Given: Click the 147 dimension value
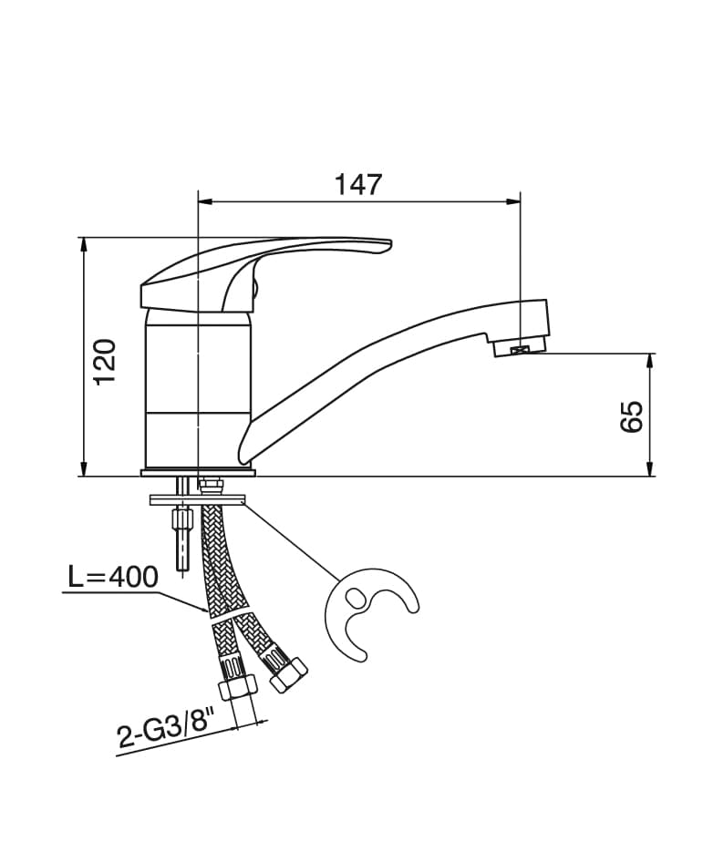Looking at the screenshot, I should [x=357, y=184].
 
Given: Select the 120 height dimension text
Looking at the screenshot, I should [x=106, y=360].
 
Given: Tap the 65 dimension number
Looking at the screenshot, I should [x=631, y=416].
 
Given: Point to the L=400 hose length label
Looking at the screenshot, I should [x=113, y=577].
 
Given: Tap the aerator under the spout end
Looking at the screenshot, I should [x=518, y=347].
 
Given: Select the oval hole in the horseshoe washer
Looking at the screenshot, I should [x=355, y=597].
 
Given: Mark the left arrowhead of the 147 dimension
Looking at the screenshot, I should [x=203, y=200].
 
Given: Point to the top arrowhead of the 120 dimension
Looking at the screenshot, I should [x=84, y=243].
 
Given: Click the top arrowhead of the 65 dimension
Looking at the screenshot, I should [x=650, y=359].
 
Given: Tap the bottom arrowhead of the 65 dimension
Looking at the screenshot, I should [x=650, y=470].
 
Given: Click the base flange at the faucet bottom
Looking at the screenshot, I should [x=198, y=472].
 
